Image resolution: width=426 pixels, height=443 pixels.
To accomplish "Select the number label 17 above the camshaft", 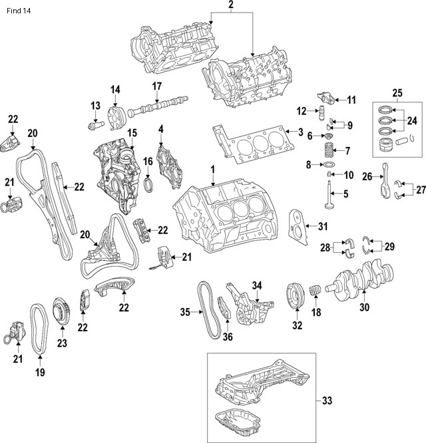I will pos(157,86).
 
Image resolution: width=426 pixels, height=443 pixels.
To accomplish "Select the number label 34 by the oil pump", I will pos(258,285).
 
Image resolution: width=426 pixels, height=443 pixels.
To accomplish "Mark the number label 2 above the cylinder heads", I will pos(231,7).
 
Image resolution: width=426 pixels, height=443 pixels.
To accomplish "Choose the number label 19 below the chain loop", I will pos(40,372).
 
